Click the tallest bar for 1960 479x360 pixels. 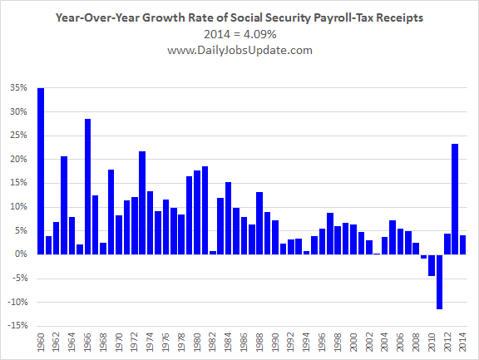point(41,171)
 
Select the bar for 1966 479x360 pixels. point(87,186)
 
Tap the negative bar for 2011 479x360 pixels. point(440,282)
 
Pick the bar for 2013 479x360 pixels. point(455,199)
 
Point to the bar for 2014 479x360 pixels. point(463,245)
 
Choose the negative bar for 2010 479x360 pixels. point(432,265)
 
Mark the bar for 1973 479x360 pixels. point(142,203)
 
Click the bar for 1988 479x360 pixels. point(259,223)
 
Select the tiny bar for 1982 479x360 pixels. point(213,253)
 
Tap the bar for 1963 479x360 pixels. point(64,205)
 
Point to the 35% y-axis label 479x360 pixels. point(19,88)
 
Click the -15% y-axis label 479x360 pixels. point(17,325)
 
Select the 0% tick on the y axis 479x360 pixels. point(21,254)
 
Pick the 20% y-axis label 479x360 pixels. point(19,159)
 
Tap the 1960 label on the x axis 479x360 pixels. point(41,343)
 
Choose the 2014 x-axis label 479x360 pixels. point(463,343)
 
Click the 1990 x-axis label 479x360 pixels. point(275,343)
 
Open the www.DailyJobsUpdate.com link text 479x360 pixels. point(239,50)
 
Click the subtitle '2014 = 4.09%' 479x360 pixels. point(240,34)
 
